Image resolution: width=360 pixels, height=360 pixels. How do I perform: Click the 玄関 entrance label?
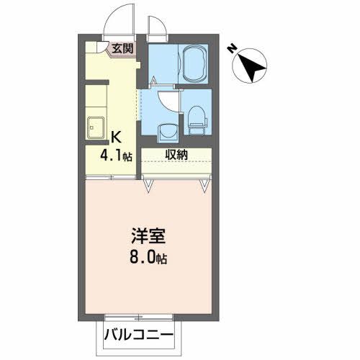pos(122,49)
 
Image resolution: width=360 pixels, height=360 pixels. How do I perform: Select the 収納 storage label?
pos(176,154)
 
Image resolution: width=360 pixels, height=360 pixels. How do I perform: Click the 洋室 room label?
pos(148,236)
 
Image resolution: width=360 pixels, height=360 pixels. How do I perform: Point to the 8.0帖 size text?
pos(148,257)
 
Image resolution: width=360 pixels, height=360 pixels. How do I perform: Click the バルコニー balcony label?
pos(138,335)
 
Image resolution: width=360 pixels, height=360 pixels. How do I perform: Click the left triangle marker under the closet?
pos(149,185)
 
